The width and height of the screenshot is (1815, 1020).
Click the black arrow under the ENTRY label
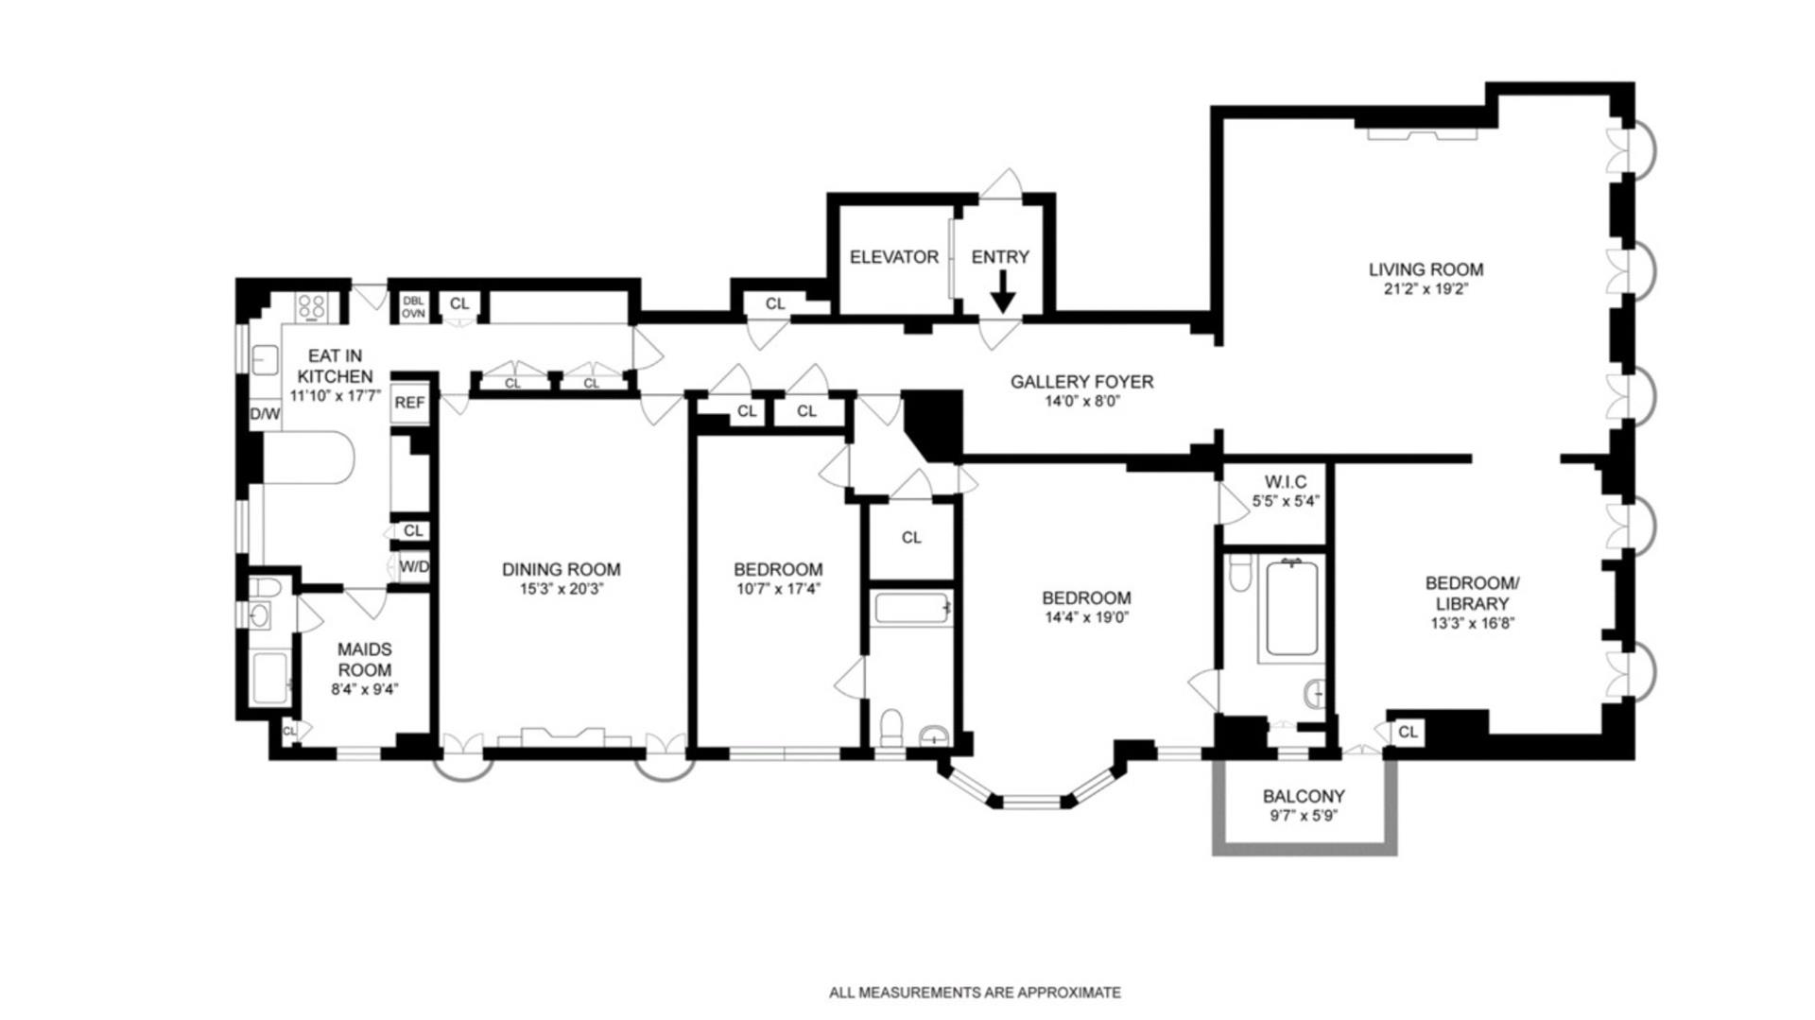1002,292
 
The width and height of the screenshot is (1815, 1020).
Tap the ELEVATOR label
894,257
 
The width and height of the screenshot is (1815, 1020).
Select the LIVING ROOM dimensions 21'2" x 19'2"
1426,289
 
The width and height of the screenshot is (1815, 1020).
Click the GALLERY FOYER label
1081,382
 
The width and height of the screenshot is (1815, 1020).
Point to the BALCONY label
1304,797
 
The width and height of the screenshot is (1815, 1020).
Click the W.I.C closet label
1286,483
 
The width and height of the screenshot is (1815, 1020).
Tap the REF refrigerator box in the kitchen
409,403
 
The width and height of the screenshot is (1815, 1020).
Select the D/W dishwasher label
265,414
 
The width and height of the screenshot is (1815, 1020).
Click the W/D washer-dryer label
414,567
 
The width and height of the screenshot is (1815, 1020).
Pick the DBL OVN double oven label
413,307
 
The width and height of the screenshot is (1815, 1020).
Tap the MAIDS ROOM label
365,660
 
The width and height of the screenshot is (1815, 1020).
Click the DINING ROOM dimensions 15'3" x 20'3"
562,590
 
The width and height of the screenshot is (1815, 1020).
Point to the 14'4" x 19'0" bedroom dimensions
1086,618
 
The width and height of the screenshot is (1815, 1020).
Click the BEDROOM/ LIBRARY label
1473,594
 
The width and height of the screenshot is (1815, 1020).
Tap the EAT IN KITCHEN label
335,366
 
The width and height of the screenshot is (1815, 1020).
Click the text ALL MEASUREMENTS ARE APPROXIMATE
975,993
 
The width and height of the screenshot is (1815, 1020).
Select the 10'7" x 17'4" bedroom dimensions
778,590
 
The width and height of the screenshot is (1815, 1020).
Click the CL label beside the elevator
775,304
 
